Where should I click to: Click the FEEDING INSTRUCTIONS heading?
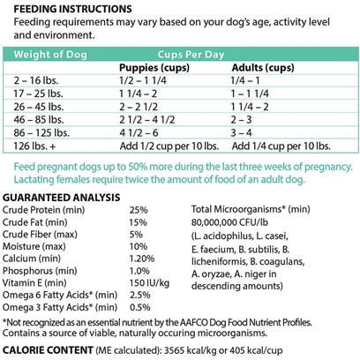point(72,9)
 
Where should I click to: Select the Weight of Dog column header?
point(50,55)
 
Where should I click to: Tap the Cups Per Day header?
point(191,55)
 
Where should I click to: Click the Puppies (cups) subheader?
point(154,68)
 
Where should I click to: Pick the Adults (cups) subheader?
point(263,68)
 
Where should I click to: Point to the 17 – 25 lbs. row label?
point(38,94)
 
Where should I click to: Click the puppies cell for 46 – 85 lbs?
point(146,120)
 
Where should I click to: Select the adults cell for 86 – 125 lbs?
point(241,132)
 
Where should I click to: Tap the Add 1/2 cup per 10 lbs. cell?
point(169,146)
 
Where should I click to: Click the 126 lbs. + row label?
point(34,146)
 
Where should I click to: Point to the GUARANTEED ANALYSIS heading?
point(62,198)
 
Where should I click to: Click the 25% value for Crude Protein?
point(139,210)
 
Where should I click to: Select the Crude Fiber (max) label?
point(40,235)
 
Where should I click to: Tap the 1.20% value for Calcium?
point(142,259)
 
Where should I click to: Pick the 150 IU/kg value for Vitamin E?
point(149,283)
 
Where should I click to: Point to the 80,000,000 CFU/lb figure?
point(229,222)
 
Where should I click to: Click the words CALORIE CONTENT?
point(48,350)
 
